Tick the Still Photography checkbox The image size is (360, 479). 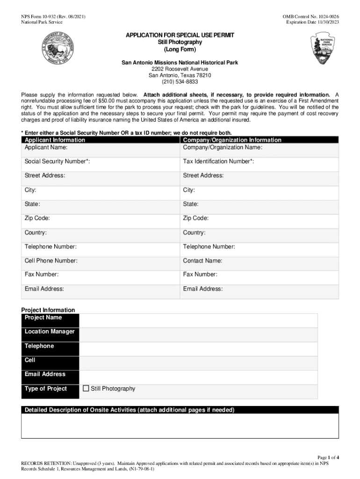(86, 388)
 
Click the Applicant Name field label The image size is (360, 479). (46, 147)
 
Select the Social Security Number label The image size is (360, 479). (57, 161)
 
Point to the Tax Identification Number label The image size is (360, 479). (218, 161)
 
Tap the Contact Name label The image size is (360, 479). (202, 261)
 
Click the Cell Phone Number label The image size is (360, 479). (51, 261)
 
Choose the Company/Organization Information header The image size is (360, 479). (232, 140)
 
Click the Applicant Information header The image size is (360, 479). (55, 140)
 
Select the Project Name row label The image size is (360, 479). (43, 318)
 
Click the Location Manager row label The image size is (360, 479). (50, 332)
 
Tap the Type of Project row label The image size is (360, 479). (46, 389)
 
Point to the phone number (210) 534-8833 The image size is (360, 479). (180, 82)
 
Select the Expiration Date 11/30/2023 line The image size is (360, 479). (312, 22)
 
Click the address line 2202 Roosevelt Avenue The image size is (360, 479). (180, 69)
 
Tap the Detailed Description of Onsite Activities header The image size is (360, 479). (130, 410)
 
